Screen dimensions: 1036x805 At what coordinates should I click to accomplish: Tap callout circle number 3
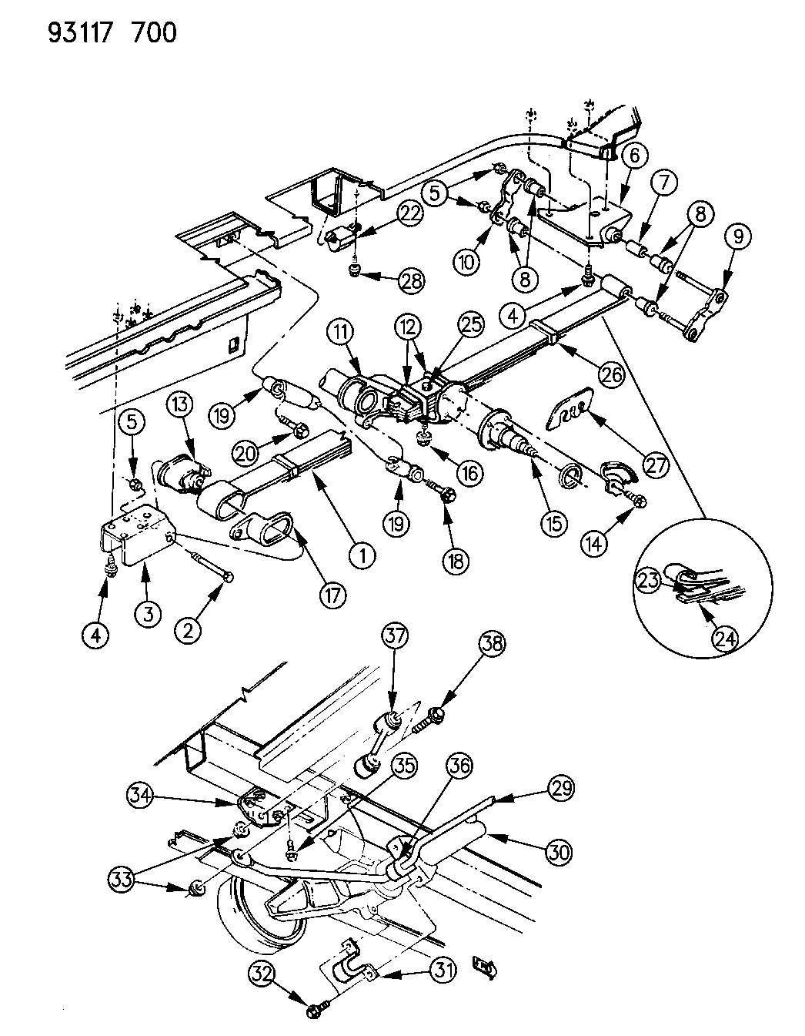click(x=149, y=613)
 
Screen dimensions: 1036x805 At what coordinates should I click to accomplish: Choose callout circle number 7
click(x=664, y=185)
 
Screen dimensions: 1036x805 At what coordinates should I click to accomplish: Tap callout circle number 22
click(x=409, y=217)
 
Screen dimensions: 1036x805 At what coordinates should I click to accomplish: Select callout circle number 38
click(x=493, y=643)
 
